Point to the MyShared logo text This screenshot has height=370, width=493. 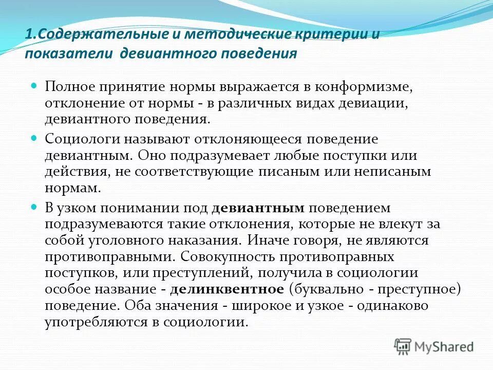[x=444, y=347]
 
